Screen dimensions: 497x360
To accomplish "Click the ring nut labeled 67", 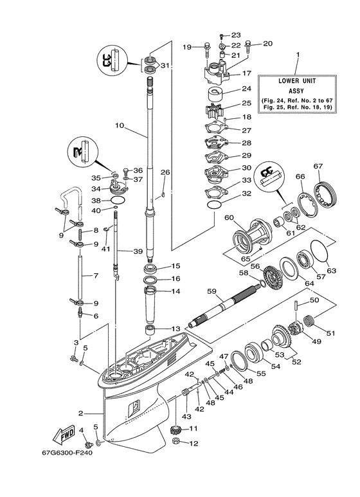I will point(329,192).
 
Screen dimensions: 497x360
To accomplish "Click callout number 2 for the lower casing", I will point(81,413).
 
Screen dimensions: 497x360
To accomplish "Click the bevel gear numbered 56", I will point(273,276).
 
